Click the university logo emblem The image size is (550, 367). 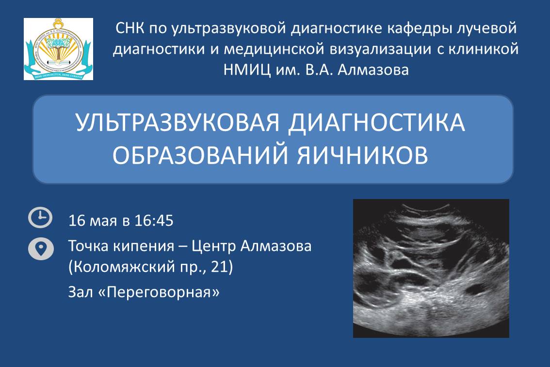click(x=58, y=49)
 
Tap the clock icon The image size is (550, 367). click(x=41, y=218)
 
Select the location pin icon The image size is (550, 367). click(x=41, y=249)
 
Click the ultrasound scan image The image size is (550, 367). click(x=431, y=268)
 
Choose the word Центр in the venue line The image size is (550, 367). click(x=213, y=246)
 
